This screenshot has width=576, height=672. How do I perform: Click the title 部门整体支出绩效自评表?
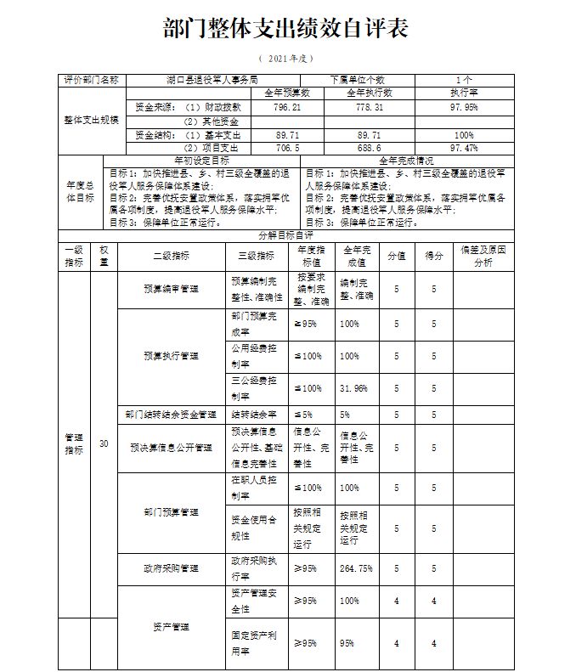click(x=286, y=29)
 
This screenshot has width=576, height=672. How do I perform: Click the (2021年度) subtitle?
click(x=286, y=59)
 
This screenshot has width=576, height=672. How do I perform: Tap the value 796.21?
click(x=287, y=108)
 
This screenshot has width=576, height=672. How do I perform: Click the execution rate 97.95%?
click(x=464, y=108)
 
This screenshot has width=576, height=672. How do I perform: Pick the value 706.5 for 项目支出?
click(x=287, y=148)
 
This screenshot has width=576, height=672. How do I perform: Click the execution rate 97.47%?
click(x=464, y=148)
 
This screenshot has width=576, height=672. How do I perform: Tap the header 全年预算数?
click(x=287, y=92)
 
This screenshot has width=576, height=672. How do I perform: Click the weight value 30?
click(x=104, y=443)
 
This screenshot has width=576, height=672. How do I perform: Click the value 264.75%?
click(x=356, y=568)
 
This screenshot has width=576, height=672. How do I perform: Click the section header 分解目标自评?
click(x=286, y=234)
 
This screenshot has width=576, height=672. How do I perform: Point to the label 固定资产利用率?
click(x=255, y=643)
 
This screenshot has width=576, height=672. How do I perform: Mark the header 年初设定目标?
click(x=201, y=160)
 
